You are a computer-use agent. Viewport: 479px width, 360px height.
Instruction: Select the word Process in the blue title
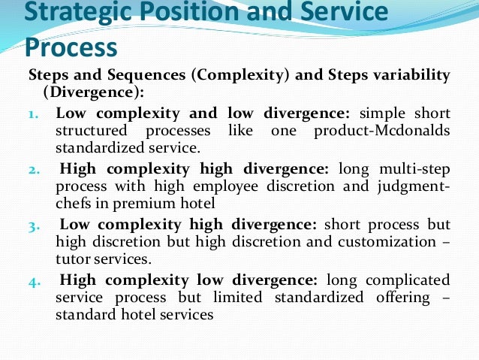pyautogui.click(x=71, y=47)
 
